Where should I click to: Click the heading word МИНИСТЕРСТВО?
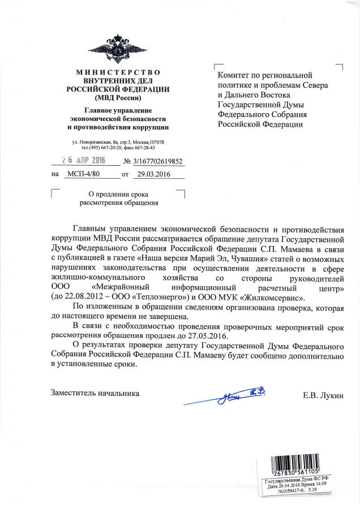coord(118,72)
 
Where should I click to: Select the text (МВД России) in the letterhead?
coord(118,97)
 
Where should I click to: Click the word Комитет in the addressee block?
coord(235,75)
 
